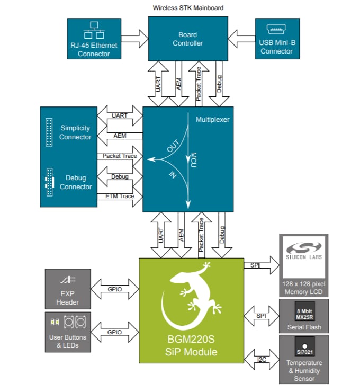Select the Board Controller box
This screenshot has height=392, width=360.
187,38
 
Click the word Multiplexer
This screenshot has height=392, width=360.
212,120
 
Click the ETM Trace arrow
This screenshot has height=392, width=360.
120,197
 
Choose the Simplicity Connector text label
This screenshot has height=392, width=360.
75,132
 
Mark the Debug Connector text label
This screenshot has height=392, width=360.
75,182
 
